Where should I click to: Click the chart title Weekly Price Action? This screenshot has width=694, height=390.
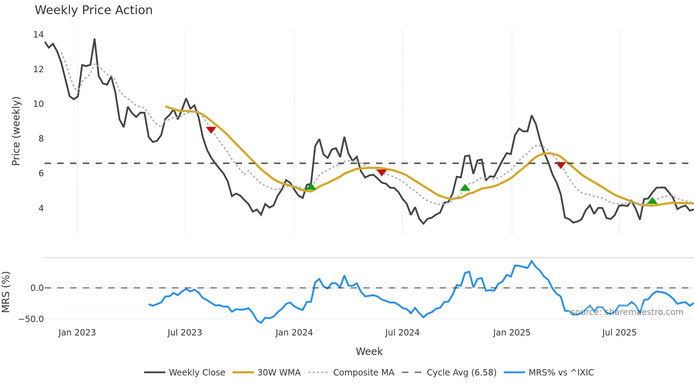click(x=93, y=10)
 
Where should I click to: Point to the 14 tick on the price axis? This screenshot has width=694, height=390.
click(x=38, y=35)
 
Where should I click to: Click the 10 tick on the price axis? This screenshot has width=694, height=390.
click(x=38, y=104)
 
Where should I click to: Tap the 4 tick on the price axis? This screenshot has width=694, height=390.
click(x=41, y=208)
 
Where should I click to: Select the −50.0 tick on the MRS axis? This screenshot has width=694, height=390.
click(x=31, y=319)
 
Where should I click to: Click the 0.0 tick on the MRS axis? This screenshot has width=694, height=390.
click(x=37, y=288)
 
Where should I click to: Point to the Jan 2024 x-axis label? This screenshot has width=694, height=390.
click(x=294, y=333)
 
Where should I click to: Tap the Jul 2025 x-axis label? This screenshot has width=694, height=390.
click(x=619, y=333)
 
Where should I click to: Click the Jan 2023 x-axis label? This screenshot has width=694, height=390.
click(x=77, y=333)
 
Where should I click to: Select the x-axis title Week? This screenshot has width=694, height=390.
click(x=369, y=351)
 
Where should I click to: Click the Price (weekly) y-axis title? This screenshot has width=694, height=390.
click(x=16, y=131)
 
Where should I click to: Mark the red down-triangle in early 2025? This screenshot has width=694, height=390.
click(x=561, y=165)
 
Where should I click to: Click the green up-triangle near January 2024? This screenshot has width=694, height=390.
click(x=311, y=187)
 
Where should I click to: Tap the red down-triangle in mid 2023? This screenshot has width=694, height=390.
click(x=211, y=130)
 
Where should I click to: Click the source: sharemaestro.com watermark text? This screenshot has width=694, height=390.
click(x=627, y=312)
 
